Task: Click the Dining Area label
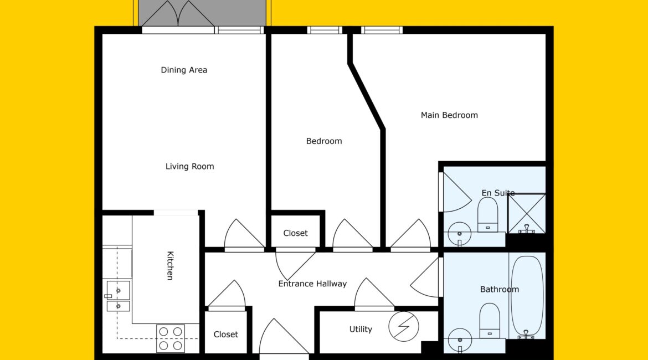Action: pyautogui.click(x=184, y=70)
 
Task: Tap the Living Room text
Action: pyautogui.click(x=189, y=166)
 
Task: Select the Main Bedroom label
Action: pyautogui.click(x=449, y=115)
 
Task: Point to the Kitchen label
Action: pyautogui.click(x=170, y=265)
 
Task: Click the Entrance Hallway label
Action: pyautogui.click(x=312, y=284)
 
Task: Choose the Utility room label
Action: pyautogui.click(x=361, y=329)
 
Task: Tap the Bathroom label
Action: pyautogui.click(x=499, y=289)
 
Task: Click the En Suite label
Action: pyautogui.click(x=498, y=193)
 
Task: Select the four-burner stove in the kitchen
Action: pyautogui.click(x=171, y=338)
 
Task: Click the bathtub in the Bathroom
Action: pyautogui.click(x=527, y=296)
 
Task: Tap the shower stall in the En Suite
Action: pyautogui.click(x=527, y=213)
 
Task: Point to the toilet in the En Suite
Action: pyautogui.click(x=487, y=215)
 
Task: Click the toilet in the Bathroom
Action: pyautogui.click(x=490, y=321)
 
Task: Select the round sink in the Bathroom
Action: pyautogui.click(x=460, y=340)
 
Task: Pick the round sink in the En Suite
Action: pyautogui.click(x=460, y=234)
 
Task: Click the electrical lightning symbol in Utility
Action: pyautogui.click(x=404, y=326)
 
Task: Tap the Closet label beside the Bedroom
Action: pyautogui.click(x=296, y=233)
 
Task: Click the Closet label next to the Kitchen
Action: pyautogui.click(x=225, y=335)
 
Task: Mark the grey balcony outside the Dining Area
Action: pyautogui.click(x=202, y=13)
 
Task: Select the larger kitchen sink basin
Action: pyautogui.click(x=118, y=290)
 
